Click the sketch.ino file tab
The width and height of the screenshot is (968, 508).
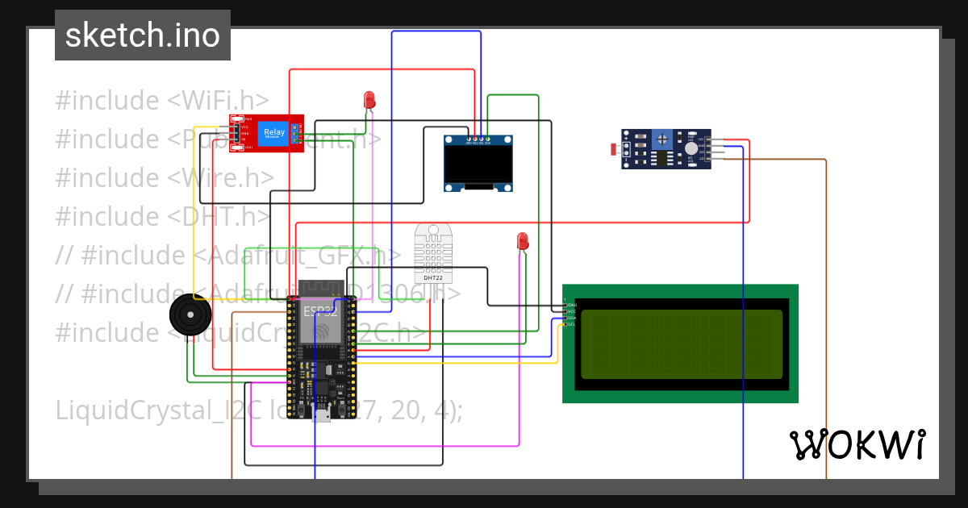(x=142, y=35)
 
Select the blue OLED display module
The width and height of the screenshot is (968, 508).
(x=478, y=164)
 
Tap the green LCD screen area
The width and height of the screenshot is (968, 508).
(x=681, y=344)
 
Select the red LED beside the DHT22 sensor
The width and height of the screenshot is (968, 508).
(x=522, y=241)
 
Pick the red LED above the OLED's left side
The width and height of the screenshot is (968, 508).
(x=369, y=100)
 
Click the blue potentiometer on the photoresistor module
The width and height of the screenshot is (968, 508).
(x=661, y=139)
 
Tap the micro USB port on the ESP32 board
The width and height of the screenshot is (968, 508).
(x=322, y=415)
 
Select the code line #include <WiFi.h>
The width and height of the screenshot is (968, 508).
(x=162, y=101)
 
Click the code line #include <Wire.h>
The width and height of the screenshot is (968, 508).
(x=165, y=178)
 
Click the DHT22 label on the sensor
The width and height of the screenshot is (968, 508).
(x=433, y=277)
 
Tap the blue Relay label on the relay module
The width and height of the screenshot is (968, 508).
(x=273, y=133)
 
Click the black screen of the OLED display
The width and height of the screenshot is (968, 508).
(x=478, y=164)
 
